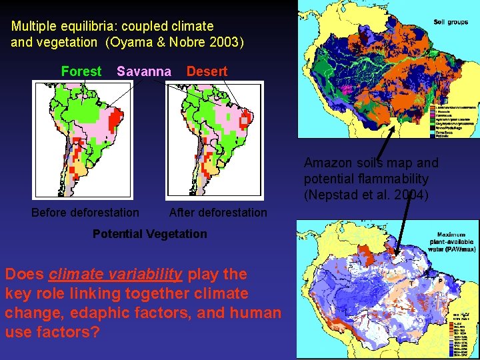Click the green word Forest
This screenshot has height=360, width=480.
(81, 71)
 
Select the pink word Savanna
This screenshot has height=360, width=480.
(143, 71)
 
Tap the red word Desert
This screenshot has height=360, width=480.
(207, 71)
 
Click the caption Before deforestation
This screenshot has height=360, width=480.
(85, 213)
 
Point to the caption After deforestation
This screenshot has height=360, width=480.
(218, 213)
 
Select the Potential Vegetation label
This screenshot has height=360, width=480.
(149, 234)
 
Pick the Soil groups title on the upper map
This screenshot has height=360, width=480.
(451, 22)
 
